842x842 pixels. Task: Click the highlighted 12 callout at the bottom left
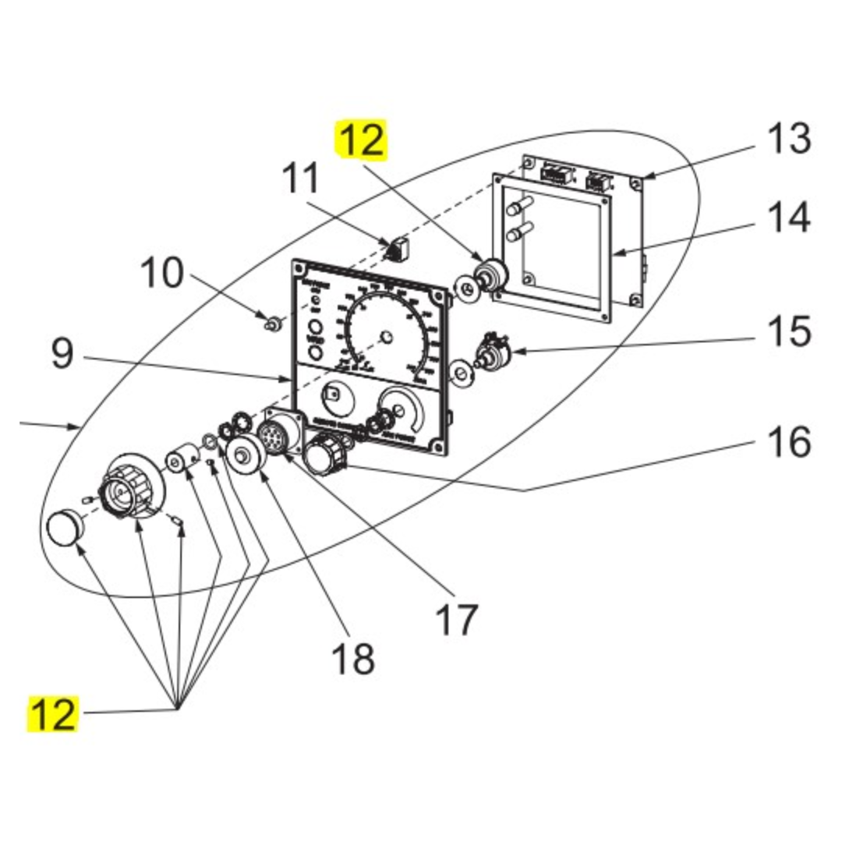pos(54,715)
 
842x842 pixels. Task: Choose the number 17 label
pos(456,621)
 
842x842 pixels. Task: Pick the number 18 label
pos(353,659)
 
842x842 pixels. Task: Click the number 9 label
pos(63,355)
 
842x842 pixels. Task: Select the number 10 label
pos(162,274)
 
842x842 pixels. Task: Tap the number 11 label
pos(300,178)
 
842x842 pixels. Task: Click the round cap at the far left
pos(65,528)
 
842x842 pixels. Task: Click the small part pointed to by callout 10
pos(274,323)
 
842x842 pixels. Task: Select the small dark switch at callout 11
pos(399,249)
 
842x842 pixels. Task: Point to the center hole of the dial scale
pos(384,337)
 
